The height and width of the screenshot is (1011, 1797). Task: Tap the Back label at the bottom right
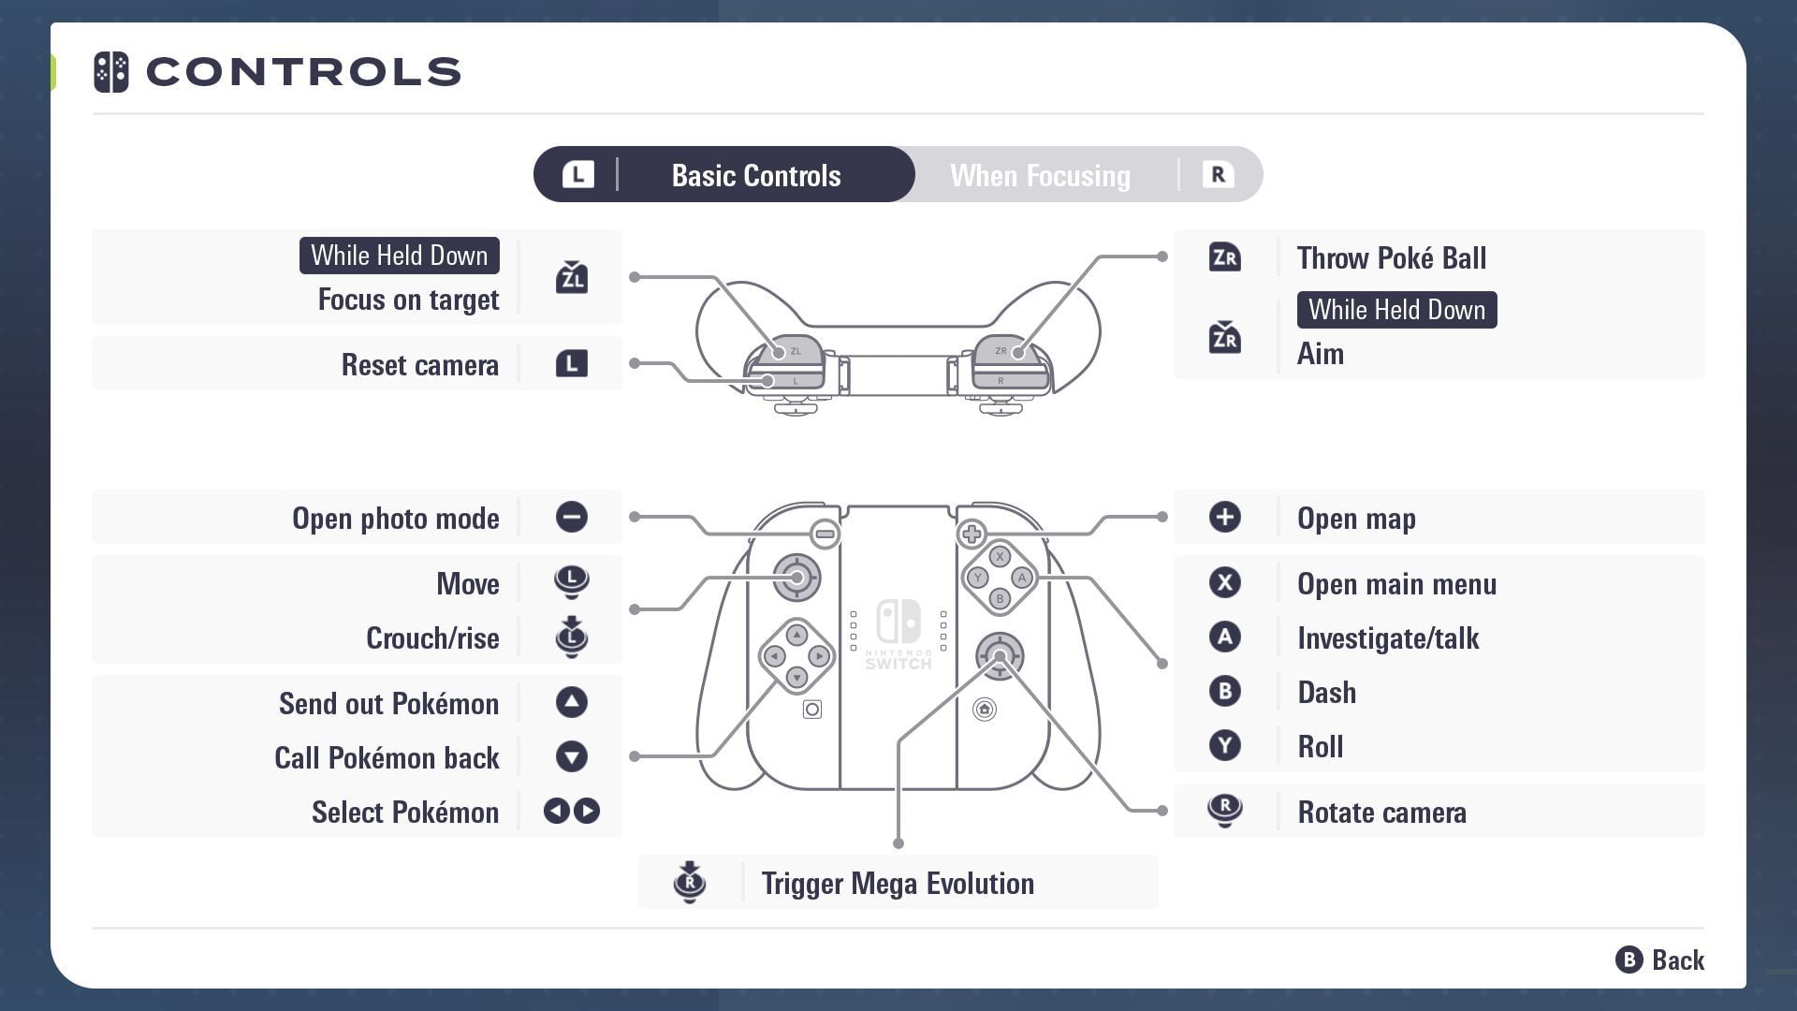1678,960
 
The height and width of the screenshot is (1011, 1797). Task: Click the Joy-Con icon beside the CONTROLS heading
111,72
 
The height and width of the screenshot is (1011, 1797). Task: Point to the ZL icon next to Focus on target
572,277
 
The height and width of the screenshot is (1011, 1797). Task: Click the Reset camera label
420,364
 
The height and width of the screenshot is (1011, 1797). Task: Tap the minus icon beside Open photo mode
572,517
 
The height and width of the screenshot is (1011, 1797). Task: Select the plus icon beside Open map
1224,517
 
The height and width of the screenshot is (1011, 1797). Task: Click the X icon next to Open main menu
1224,582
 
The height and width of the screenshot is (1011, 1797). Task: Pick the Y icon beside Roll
1224,745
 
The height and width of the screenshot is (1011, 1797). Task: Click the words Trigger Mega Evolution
898,883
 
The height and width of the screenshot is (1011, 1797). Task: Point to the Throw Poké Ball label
1392,257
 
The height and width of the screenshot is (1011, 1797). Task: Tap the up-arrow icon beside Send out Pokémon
572,702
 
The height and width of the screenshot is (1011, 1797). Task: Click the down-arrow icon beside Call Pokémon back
572,756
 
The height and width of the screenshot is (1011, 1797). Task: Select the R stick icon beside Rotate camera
1224,810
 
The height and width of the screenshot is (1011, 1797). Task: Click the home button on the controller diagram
985,710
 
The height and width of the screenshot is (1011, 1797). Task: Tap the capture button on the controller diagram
812,710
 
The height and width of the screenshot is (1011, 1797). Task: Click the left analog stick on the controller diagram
796,578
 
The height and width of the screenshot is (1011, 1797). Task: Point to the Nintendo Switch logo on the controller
898,622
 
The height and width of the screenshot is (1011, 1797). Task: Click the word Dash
1326,692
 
